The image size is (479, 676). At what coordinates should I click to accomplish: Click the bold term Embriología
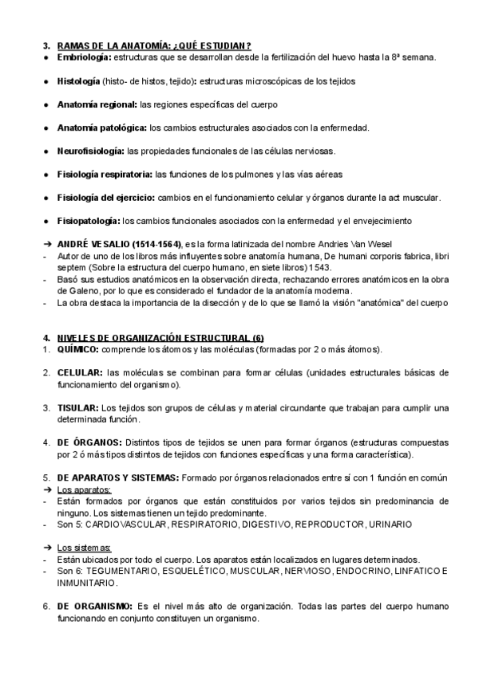click(x=84, y=58)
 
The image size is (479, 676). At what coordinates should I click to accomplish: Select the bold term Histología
click(x=78, y=81)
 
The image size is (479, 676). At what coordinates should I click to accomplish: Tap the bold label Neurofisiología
click(x=90, y=151)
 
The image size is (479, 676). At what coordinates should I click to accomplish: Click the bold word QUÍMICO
click(x=78, y=350)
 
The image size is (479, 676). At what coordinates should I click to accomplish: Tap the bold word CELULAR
click(x=80, y=373)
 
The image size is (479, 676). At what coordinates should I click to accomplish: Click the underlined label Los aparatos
click(x=84, y=489)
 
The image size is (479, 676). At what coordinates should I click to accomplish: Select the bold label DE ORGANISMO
click(x=95, y=606)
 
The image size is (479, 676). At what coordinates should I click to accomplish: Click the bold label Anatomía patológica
click(x=101, y=128)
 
